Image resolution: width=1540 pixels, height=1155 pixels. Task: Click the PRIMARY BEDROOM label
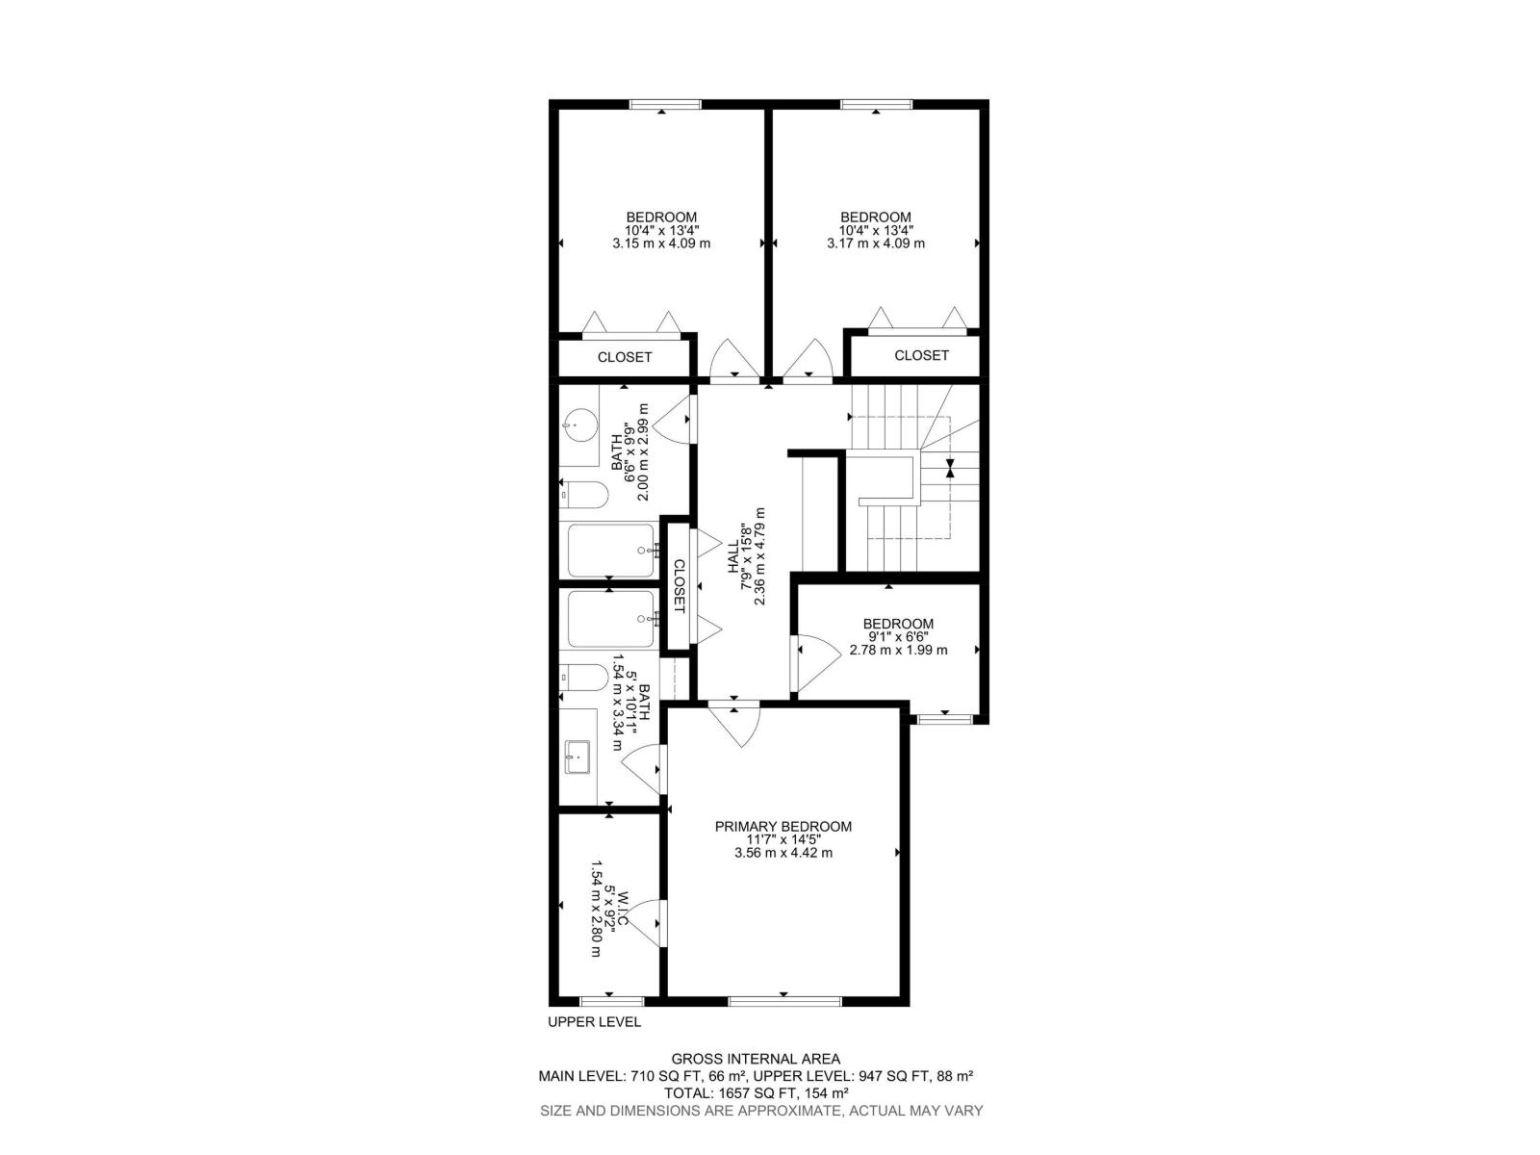point(783,826)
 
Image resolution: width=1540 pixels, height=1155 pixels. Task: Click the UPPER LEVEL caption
point(594,1022)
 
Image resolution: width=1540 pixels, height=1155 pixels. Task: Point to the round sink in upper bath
point(580,423)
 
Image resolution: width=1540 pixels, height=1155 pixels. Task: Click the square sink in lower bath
point(577,756)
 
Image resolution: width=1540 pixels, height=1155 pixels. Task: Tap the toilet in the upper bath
point(584,495)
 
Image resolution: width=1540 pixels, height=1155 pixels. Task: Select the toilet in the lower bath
point(584,679)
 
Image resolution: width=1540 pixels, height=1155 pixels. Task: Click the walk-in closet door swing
point(647,923)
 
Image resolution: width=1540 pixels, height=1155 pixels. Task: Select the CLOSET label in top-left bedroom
point(625,357)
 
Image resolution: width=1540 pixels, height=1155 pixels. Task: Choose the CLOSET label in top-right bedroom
point(921,355)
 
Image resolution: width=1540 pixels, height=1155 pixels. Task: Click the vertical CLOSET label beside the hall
point(678,586)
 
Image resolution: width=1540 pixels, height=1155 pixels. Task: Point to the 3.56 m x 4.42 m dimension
point(783,852)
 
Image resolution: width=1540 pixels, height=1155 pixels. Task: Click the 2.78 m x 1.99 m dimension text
point(898,650)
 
